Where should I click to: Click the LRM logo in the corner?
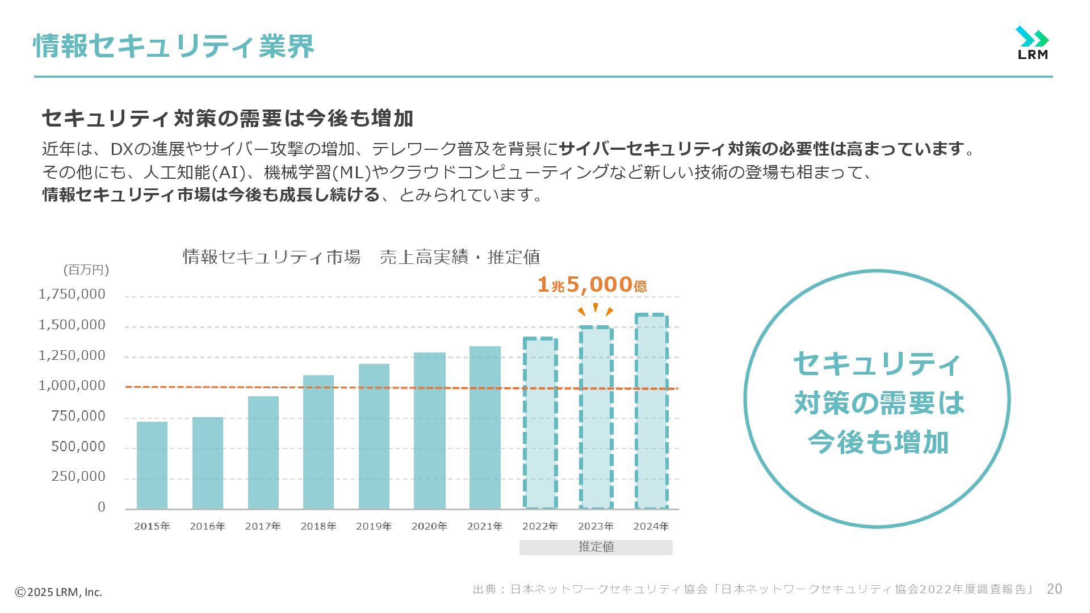click(x=1032, y=43)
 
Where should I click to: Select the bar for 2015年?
click(x=152, y=465)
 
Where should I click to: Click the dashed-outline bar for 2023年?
click(x=596, y=418)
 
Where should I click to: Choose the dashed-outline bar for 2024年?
click(x=651, y=412)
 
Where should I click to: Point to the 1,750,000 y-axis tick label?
click(x=72, y=294)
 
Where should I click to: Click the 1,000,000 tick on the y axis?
click(x=72, y=385)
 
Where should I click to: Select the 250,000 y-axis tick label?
click(x=78, y=476)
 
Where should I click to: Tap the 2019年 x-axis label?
click(x=374, y=526)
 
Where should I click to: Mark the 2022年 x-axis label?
click(x=540, y=526)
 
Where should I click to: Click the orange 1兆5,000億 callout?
click(x=592, y=285)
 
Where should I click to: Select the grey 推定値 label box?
click(x=596, y=547)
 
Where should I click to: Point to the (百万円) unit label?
click(x=86, y=270)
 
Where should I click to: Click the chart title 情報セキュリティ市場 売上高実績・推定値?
click(x=361, y=257)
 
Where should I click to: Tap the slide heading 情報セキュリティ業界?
click(x=174, y=46)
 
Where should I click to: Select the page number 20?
click(x=1054, y=589)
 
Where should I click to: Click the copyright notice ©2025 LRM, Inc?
click(x=58, y=592)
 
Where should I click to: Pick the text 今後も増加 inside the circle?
click(x=877, y=442)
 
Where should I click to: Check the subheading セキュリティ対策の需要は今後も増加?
click(x=227, y=118)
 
